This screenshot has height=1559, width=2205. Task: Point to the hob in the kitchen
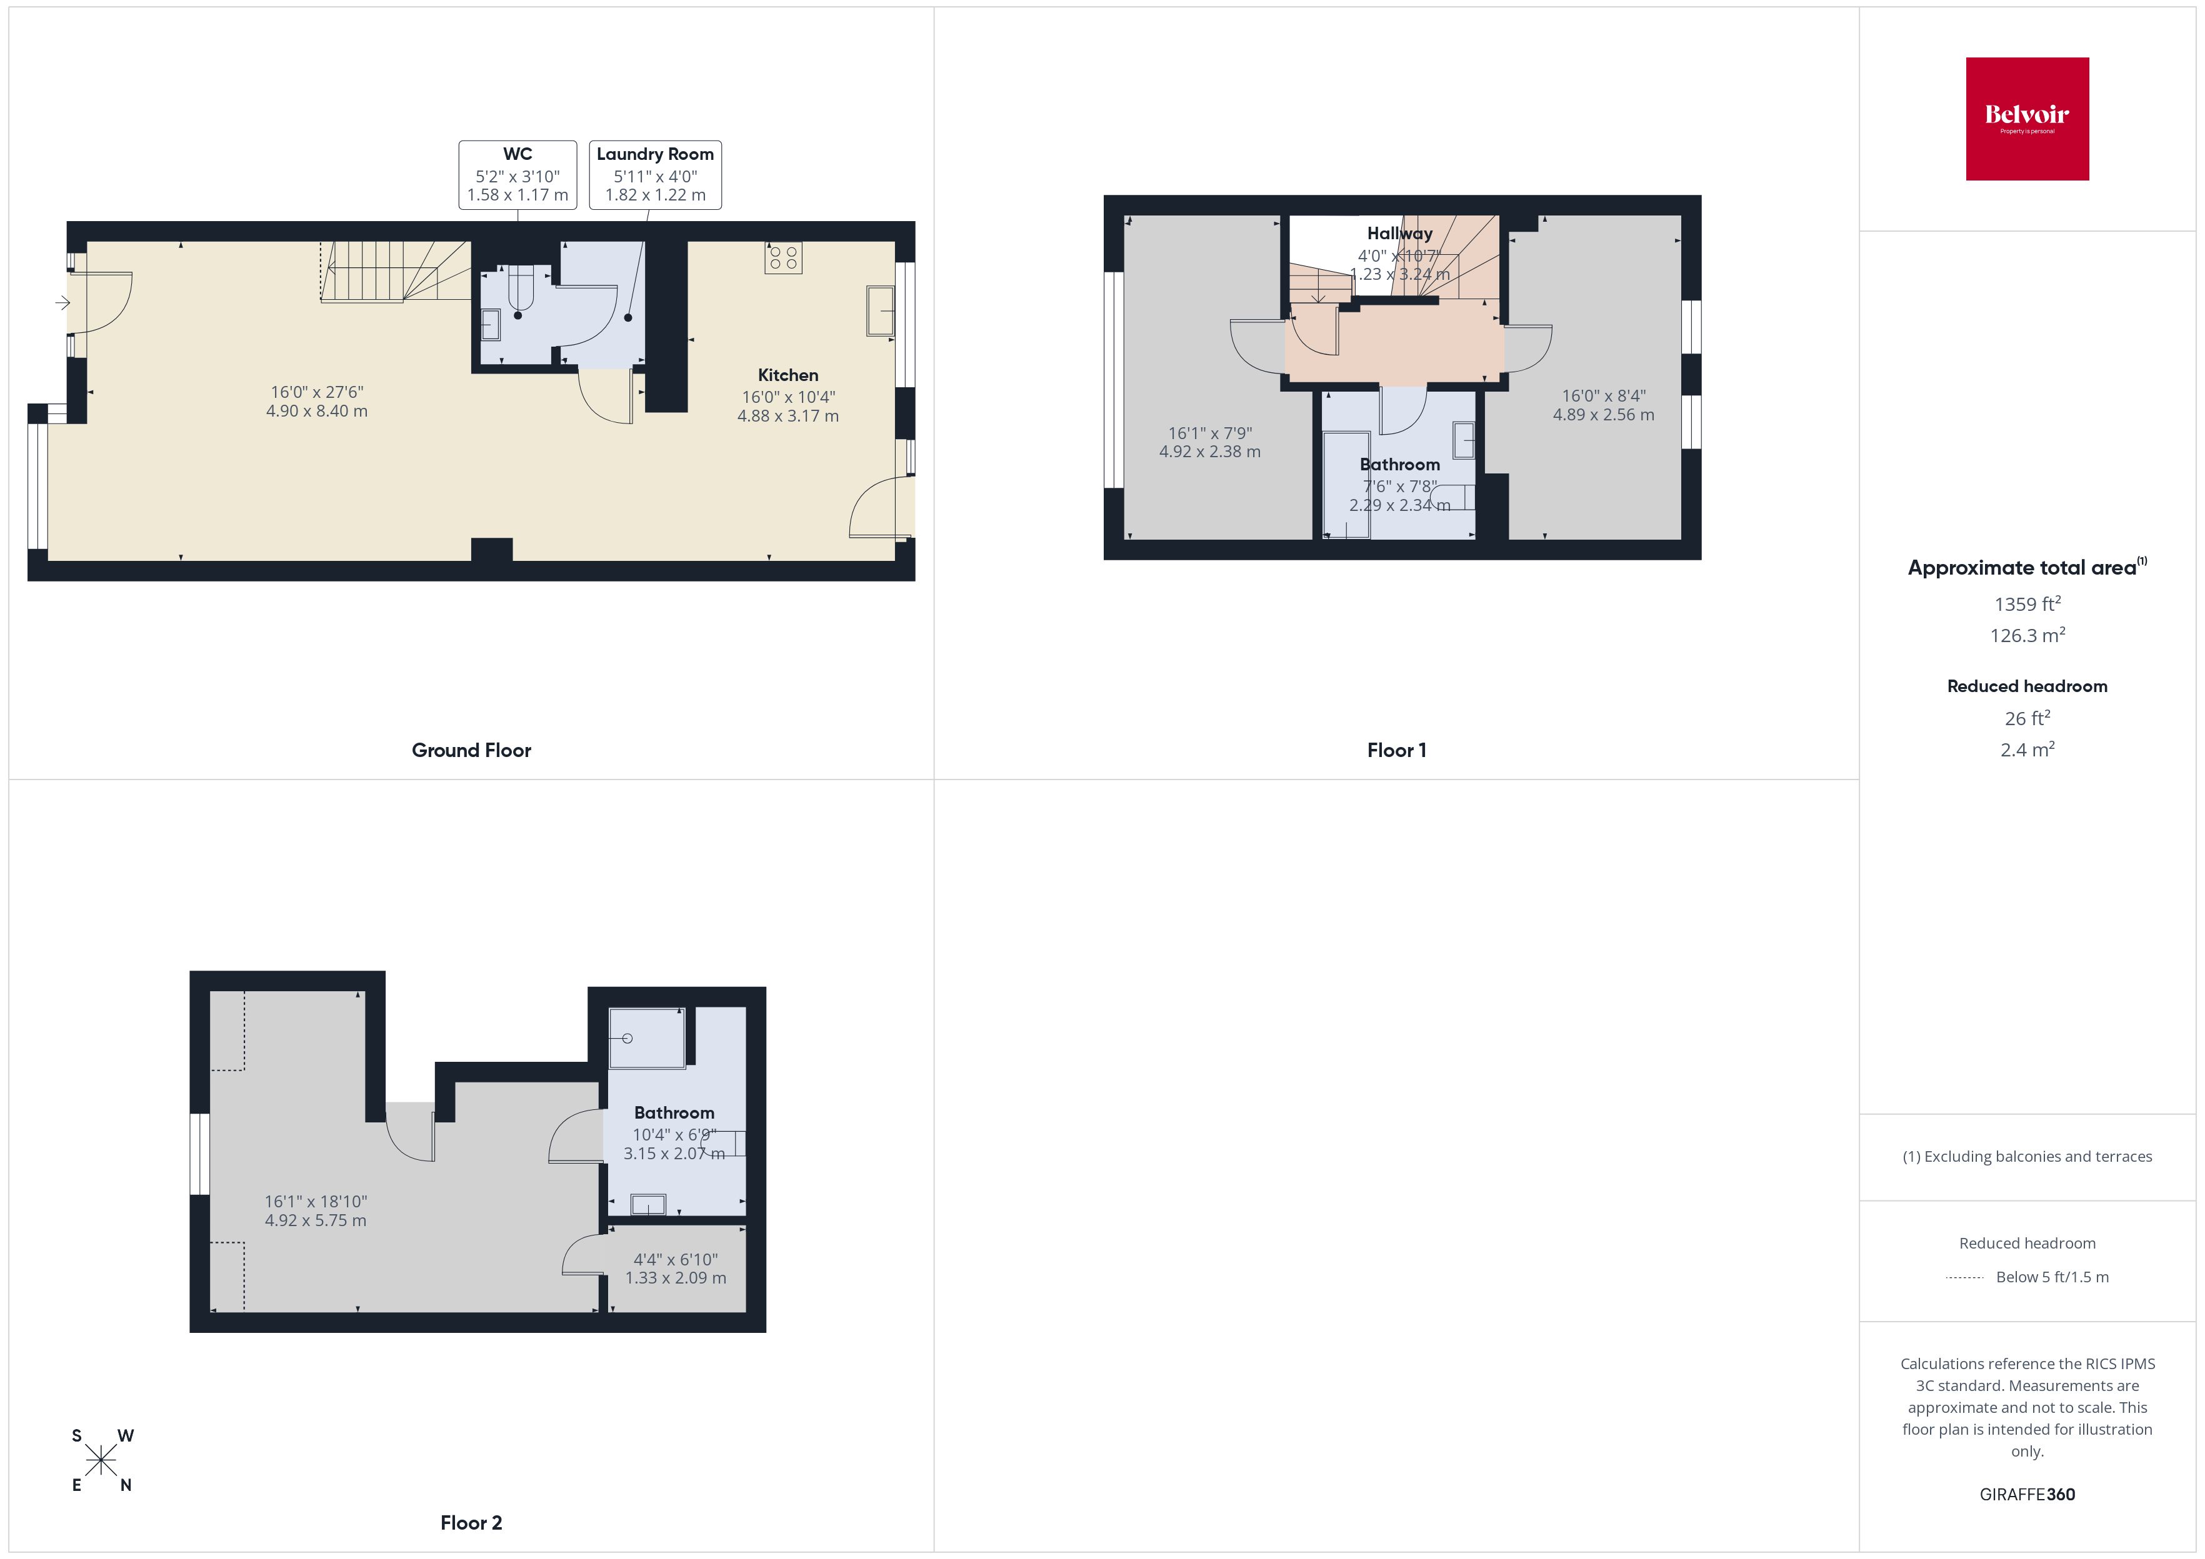[x=782, y=257]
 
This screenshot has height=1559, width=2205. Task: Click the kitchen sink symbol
[x=880, y=310]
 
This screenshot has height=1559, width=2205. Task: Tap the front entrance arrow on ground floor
[x=62, y=304]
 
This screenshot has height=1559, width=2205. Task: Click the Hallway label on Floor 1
[x=1399, y=233]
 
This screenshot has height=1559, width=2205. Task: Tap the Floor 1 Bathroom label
[x=1399, y=465]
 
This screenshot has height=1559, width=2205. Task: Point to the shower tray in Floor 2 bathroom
[x=646, y=1037]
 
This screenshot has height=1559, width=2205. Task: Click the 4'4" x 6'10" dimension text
[x=675, y=1259]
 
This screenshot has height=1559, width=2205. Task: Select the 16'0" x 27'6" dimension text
[x=317, y=392]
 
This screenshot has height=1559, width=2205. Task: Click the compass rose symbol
[x=101, y=1461]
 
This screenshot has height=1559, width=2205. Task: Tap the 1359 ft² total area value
[x=2026, y=605]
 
